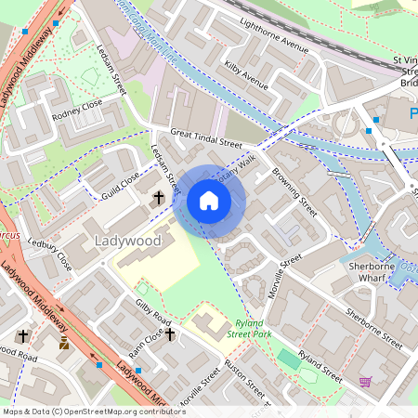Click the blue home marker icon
click(209, 201)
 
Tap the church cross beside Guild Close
click(159, 198)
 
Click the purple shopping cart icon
click(365, 382)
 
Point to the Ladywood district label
click(127, 242)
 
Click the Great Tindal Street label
click(205, 138)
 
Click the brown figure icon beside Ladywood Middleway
click(64, 344)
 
